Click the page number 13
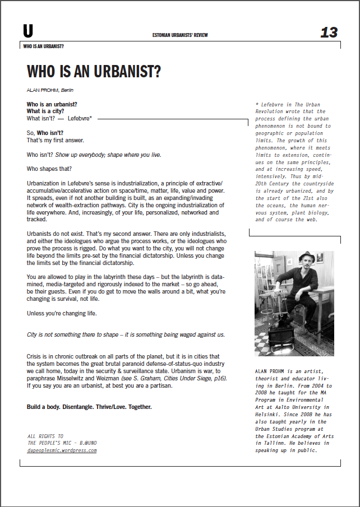[329, 32]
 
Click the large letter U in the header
[28, 31]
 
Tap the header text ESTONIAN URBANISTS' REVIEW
[180, 35]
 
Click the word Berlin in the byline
[68, 90]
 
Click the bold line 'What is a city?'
[46, 111]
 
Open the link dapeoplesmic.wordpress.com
[62, 450]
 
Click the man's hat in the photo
[304, 258]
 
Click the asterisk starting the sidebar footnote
[256, 104]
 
